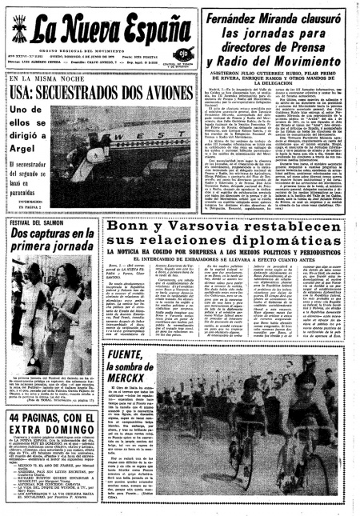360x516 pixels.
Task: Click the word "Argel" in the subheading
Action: (x=29, y=147)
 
